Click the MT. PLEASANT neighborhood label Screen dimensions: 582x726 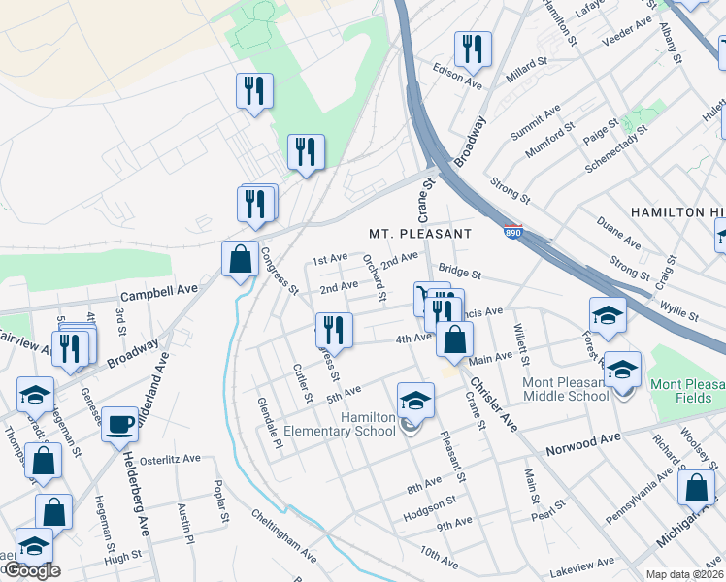click(419, 234)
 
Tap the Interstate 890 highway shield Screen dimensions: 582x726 click(513, 233)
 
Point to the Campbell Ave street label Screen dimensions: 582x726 click(158, 289)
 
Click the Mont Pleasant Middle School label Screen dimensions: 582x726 click(579, 388)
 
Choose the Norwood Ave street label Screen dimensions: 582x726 click(582, 438)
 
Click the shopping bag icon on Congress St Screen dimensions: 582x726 click(240, 260)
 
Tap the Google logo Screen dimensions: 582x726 click(31, 571)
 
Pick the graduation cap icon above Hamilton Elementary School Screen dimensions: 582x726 click(414, 400)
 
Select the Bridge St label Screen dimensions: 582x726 click(459, 274)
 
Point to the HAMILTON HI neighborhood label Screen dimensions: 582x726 click(676, 211)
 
